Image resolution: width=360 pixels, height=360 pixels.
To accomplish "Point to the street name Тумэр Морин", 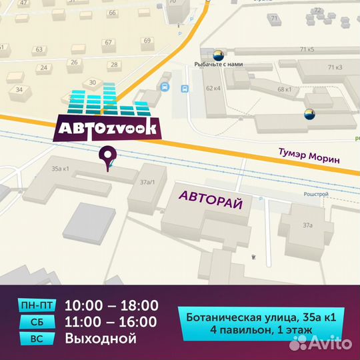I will click(309, 158).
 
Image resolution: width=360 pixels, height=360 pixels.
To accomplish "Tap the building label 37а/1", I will click(147, 181).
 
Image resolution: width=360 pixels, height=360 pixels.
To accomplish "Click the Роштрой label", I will click(317, 193).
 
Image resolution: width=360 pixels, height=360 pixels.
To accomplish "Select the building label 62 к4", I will click(213, 88).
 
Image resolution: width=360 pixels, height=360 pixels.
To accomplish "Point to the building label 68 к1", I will click(284, 89).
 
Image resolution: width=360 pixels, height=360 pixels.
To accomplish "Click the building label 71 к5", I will click(307, 49).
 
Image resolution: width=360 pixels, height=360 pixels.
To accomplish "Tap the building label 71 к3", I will click(335, 67).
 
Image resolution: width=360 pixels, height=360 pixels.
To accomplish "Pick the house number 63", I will click(39, 49).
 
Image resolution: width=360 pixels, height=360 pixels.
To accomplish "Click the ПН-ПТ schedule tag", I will click(37, 306).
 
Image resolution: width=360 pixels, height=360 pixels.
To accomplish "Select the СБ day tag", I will click(37, 323).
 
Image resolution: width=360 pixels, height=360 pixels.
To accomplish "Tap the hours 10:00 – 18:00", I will click(111, 306).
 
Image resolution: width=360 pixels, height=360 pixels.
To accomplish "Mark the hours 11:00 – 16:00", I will click(111, 323).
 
